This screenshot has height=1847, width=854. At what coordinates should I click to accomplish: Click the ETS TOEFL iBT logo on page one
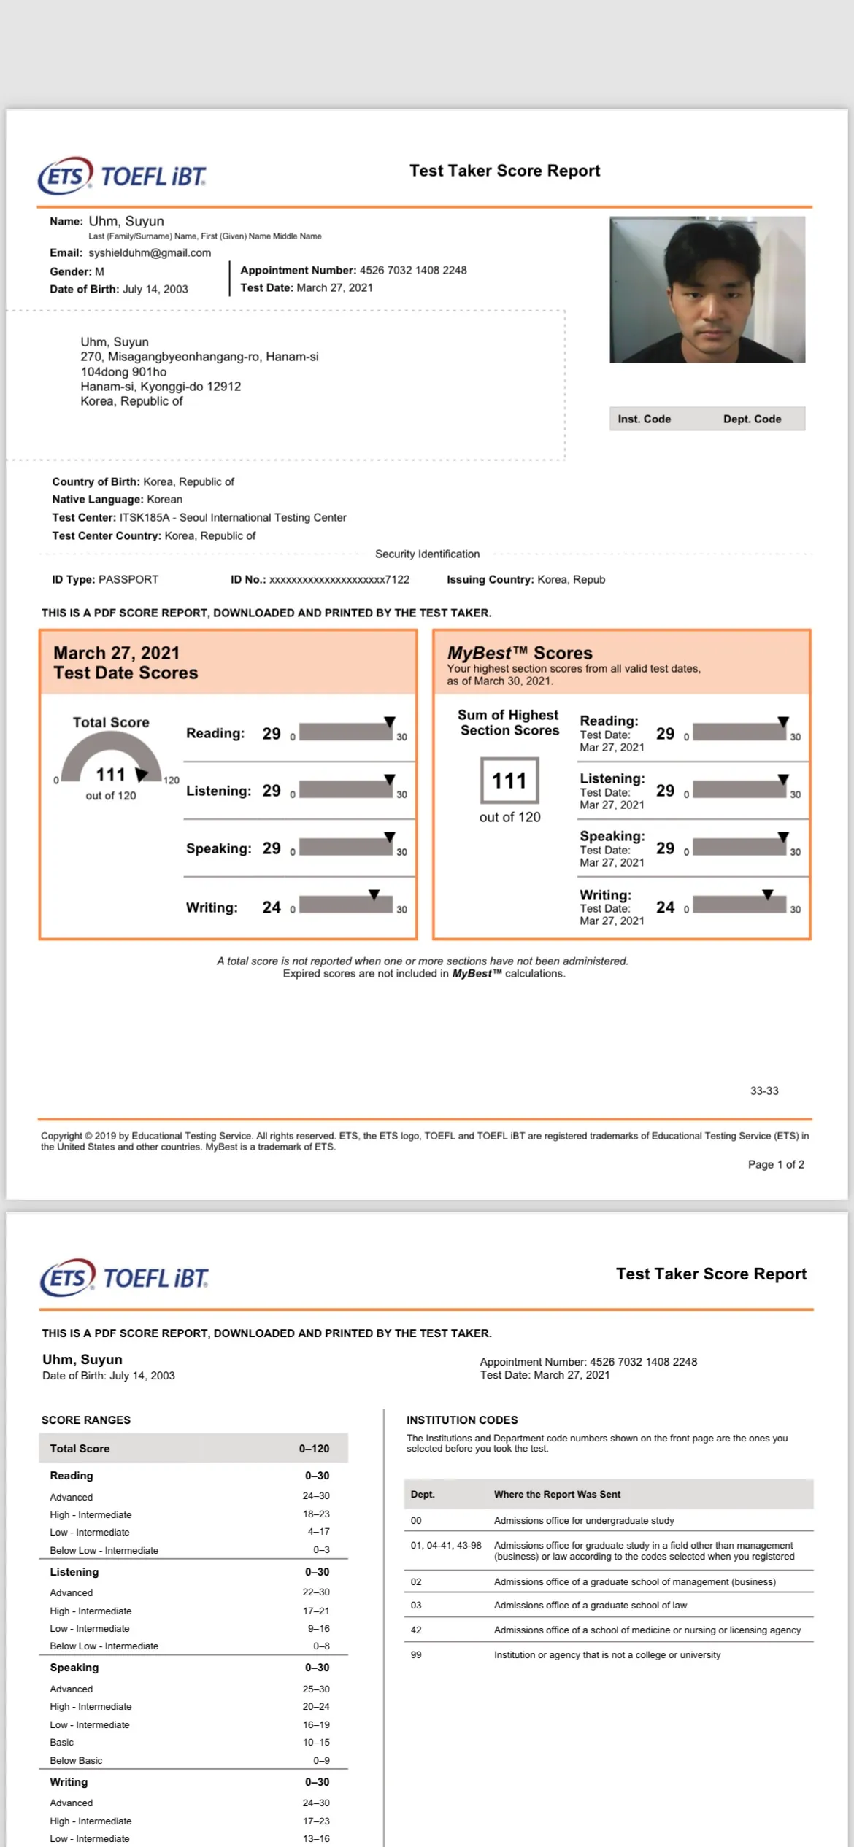pos(122,176)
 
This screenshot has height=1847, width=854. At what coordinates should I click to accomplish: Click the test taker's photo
pos(707,290)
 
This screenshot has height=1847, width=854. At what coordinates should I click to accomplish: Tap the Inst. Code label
pos(644,419)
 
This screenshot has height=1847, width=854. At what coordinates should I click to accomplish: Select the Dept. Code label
pos(752,419)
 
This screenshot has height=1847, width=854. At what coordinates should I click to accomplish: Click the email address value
pos(150,252)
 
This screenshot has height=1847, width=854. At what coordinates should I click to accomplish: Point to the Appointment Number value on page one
pos(413,270)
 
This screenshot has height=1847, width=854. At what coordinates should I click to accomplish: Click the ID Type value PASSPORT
pos(128,579)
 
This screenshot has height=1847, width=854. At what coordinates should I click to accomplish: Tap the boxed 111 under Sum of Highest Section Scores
pos(509,781)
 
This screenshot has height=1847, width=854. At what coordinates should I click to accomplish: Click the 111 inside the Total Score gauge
pos(110,774)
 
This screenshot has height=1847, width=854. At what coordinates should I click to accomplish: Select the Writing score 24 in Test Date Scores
pos(272,907)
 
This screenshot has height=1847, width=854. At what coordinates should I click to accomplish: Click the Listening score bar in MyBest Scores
pos(739,789)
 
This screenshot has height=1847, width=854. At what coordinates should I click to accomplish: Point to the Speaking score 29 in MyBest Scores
pos(665,848)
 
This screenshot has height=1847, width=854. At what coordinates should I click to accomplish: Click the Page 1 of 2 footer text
pos(776,1164)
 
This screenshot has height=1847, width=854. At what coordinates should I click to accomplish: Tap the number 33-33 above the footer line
pos(764,1091)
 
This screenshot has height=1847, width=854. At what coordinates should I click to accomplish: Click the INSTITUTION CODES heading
pos(462,1420)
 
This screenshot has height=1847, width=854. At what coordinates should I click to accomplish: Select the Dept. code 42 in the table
pos(416,1630)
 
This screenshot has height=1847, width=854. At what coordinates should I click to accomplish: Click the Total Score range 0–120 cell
pos(314,1448)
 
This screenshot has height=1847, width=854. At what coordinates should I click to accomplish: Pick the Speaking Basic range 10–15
pos(316,1742)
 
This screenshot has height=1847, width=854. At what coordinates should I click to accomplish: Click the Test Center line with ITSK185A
pos(199,517)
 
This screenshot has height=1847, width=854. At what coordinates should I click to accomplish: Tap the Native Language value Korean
pos(164,499)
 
